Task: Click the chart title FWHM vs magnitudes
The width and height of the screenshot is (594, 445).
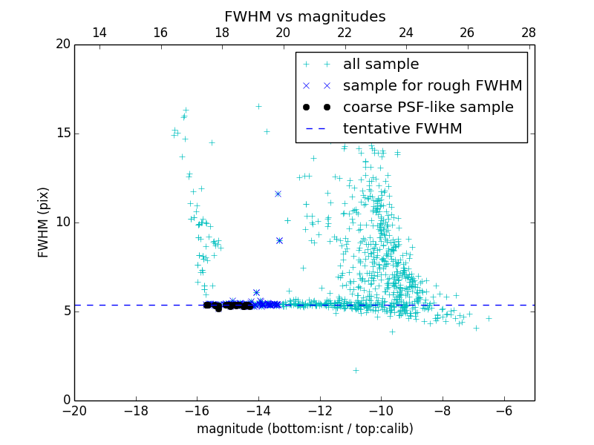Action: coord(304,16)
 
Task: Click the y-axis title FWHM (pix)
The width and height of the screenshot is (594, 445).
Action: coord(44,222)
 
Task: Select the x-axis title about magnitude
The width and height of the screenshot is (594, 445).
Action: coord(304,429)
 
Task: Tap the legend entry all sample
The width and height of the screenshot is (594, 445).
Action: coord(381,65)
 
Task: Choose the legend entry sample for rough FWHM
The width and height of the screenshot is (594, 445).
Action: coord(432,85)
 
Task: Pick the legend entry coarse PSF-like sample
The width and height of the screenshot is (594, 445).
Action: coord(428,107)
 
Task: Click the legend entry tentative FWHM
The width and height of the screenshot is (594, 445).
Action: coord(402,128)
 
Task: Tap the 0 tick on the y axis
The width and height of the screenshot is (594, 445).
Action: coord(66,400)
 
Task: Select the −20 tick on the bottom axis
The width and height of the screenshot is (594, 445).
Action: coord(74,410)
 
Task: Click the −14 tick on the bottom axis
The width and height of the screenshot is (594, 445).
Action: coord(258,410)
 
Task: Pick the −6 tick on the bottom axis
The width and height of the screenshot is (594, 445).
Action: coord(504,410)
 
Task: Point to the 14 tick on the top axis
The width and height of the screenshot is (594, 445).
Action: coord(99,33)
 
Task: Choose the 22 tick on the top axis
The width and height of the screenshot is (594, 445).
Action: coord(345,33)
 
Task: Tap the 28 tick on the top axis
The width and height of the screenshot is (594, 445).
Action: coord(529,33)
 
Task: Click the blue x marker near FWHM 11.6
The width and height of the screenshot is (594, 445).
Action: coord(278,194)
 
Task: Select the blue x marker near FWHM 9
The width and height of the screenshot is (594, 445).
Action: coord(279,240)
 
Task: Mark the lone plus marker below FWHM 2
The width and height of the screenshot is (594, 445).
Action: coord(356,370)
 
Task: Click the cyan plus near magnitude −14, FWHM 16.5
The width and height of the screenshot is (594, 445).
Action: coord(258,106)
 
